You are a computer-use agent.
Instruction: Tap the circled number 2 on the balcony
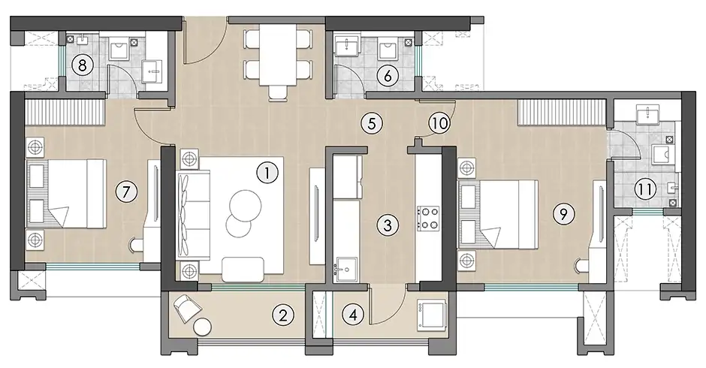282,315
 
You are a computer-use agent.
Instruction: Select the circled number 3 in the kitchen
387,224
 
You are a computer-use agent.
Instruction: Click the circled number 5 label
370,122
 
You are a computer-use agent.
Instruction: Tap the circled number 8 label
84,65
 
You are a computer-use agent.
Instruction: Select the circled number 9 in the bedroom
560,214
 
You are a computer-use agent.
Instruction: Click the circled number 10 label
439,122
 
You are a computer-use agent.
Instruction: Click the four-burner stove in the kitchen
428,218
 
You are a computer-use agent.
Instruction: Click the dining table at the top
277,59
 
